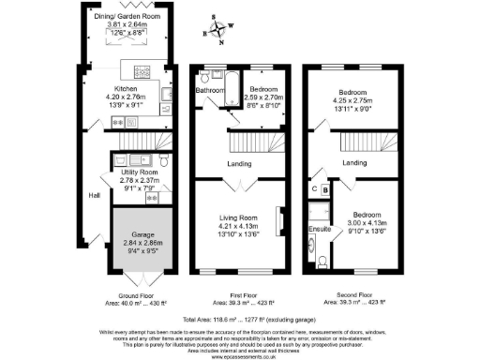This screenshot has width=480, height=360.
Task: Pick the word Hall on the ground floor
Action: tap(94, 195)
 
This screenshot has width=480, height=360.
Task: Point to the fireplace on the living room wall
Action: tap(277, 222)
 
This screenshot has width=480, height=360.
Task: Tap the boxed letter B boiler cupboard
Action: tap(325, 189)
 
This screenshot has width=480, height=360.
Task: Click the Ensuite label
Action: tap(320, 228)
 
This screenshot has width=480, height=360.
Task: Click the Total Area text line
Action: tap(240, 317)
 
